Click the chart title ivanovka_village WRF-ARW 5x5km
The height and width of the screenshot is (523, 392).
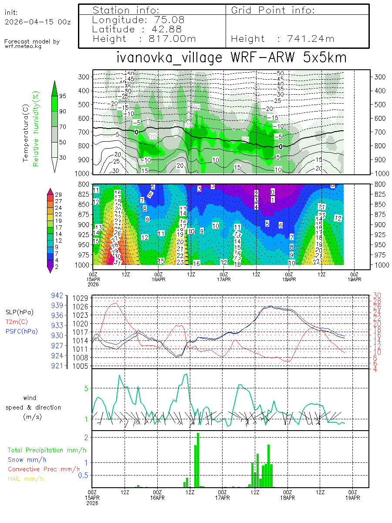[231, 58]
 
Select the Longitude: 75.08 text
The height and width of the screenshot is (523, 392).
[139, 20]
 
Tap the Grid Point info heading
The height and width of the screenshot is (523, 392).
[273, 10]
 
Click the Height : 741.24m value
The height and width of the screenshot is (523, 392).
[282, 39]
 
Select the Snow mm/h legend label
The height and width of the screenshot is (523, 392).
[27, 459]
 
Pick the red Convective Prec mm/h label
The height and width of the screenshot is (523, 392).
[44, 469]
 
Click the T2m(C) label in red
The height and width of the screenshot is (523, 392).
[16, 322]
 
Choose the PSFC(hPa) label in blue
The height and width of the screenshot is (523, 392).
[21, 331]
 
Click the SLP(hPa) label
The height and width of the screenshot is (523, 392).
[19, 312]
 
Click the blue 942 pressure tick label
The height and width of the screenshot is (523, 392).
[58, 295]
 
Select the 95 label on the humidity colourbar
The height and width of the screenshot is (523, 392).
[63, 96]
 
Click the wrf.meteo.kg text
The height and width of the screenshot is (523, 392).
[23, 46]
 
